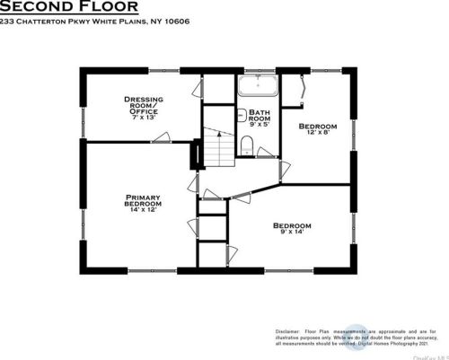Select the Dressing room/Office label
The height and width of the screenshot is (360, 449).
144,104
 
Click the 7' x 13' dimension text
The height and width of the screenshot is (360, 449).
144,118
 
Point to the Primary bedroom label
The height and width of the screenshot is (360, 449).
143,200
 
